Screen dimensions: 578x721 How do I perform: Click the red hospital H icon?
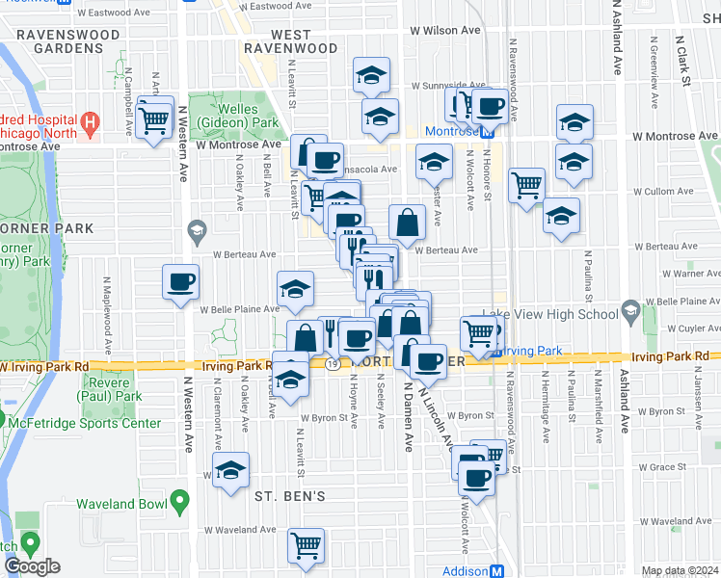90,122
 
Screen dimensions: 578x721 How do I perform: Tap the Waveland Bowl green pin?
178,501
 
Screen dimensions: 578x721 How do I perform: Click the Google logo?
32,566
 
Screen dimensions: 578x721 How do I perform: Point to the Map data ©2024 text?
680,571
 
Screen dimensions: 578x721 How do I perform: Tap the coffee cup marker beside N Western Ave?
180,282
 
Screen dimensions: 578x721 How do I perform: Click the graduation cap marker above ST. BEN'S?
229,471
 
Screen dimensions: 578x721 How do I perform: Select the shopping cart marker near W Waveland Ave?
307,546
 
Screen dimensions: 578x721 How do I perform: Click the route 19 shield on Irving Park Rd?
331,365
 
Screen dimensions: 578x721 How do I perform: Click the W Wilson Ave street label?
444,31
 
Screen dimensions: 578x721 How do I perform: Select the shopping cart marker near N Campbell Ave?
154,119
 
